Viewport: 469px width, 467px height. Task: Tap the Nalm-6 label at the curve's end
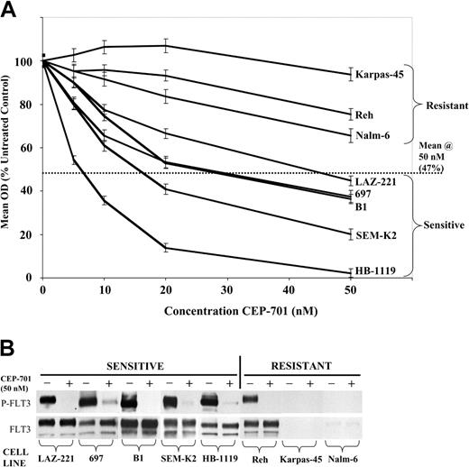[x=372, y=136]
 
